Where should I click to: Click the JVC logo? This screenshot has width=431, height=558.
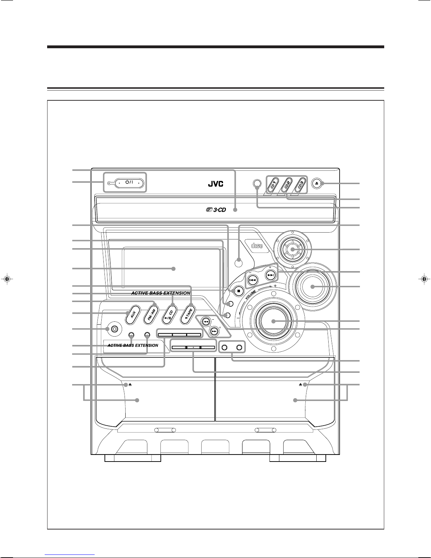coord(215,184)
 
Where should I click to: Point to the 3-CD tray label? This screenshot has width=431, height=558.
coord(216,210)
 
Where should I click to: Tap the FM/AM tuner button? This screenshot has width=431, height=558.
coord(152,315)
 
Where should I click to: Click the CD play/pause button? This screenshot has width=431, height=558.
coord(170,315)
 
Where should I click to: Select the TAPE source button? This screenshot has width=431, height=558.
coord(188,315)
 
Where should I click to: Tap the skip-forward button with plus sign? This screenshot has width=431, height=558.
coord(271,275)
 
